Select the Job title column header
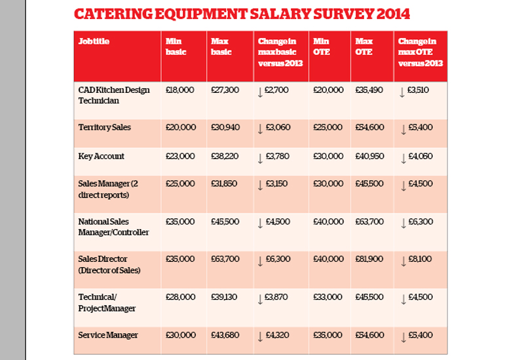[x=94, y=41]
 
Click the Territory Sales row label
[x=105, y=127]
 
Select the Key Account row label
[x=101, y=156]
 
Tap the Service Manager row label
[x=108, y=335]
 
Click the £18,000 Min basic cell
[x=179, y=90]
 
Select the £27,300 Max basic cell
[x=225, y=90]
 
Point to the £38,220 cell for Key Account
[x=225, y=156]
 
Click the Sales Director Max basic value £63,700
[x=225, y=259]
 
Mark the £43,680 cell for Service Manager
[x=225, y=335]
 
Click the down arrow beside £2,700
[x=260, y=92]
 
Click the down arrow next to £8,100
[x=403, y=261]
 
